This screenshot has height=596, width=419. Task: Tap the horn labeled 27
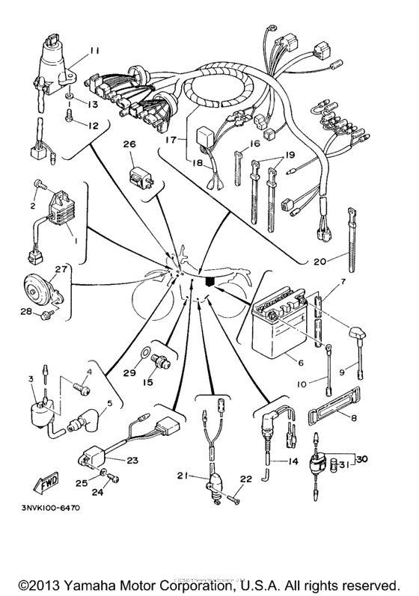point(37,287)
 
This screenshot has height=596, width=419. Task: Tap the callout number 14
point(292,462)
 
